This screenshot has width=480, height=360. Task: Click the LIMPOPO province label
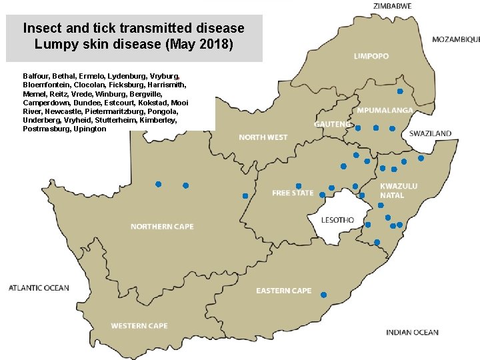(371, 57)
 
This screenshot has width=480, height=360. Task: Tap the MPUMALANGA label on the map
(384, 110)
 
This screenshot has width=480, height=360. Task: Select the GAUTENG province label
(332, 124)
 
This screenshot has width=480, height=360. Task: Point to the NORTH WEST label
(263, 137)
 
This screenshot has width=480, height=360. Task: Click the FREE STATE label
(292, 193)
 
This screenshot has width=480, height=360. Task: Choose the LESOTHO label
(337, 220)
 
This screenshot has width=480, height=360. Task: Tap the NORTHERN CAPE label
(162, 227)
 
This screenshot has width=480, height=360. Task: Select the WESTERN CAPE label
(139, 326)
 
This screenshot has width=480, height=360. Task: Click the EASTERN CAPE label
(283, 291)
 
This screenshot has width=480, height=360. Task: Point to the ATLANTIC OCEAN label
(39, 288)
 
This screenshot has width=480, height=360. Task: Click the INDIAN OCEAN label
(412, 332)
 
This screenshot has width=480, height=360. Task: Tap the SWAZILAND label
(430, 133)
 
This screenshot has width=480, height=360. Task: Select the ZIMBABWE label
(392, 6)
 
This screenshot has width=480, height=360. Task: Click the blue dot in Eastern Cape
(323, 295)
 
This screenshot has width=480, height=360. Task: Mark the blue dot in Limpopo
(399, 91)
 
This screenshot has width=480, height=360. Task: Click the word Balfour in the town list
(35, 77)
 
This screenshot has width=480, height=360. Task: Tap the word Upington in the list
(89, 129)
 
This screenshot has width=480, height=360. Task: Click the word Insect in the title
(42, 29)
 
